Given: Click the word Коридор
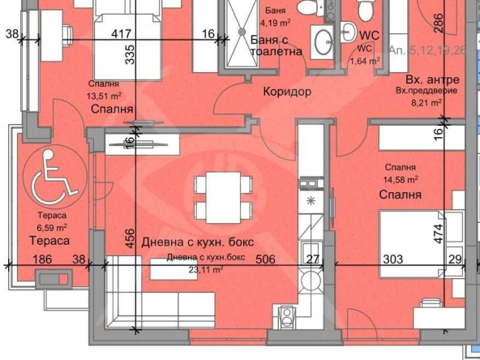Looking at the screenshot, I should pos(287,92).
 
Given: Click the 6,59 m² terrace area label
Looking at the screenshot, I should pos(51,228).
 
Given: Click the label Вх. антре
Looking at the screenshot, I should pos(432,80).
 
